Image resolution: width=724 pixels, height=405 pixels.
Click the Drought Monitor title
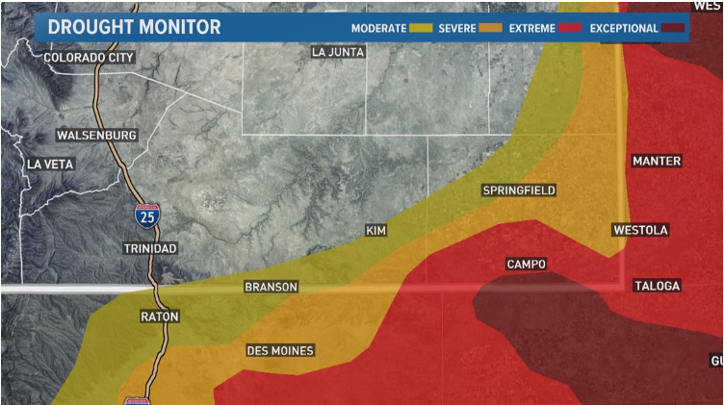(134, 27)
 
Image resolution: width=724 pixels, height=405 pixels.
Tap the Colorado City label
(89, 58)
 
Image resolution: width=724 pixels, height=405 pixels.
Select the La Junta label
(339, 52)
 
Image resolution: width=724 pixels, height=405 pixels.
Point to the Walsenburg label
(96, 135)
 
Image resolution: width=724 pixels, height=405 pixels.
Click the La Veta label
(50, 165)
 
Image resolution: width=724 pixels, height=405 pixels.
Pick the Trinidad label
(150, 248)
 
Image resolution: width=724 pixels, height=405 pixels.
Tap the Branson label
(271, 287)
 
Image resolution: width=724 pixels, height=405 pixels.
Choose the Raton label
(160, 316)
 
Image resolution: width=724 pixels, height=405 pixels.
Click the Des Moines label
(280, 350)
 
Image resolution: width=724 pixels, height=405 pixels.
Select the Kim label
(375, 231)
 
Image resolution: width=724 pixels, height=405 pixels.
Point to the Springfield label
(519, 190)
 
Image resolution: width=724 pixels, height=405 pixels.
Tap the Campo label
(527, 264)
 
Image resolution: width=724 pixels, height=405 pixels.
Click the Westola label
(640, 230)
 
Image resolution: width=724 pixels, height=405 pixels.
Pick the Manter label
(657, 161)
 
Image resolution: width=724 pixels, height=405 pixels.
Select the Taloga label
(657, 286)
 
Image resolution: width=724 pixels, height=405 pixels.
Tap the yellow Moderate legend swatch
(421, 29)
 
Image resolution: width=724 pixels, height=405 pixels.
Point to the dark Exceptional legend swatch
(672, 29)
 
